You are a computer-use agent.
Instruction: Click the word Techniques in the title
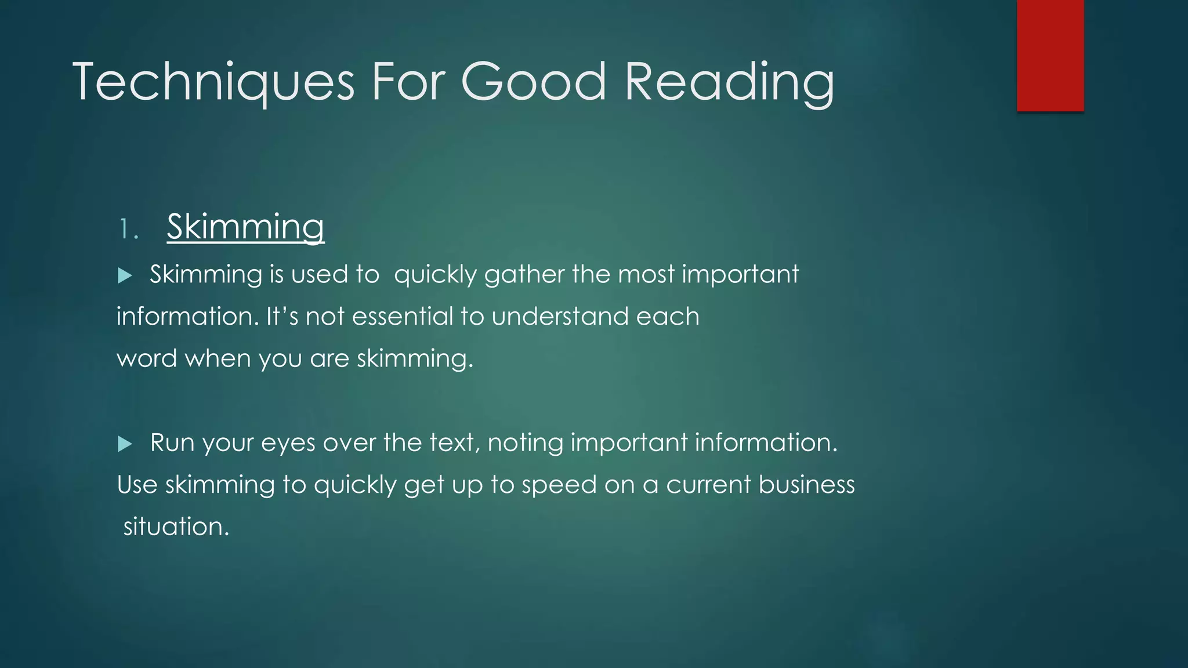[213, 82]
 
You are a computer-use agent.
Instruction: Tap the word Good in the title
[533, 82]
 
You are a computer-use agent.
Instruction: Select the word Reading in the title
[729, 82]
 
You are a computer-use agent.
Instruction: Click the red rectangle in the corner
[1050, 55]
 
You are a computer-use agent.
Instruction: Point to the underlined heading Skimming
[245, 227]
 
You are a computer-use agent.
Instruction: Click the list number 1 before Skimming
[127, 230]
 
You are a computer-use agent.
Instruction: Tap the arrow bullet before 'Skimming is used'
[125, 275]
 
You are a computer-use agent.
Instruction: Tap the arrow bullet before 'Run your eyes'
[125, 444]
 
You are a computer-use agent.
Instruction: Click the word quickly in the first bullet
[435, 275]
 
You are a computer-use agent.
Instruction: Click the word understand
[560, 317]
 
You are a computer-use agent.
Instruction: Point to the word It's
[282, 317]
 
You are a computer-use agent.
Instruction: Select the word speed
[559, 485]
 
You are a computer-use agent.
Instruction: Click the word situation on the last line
[176, 527]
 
